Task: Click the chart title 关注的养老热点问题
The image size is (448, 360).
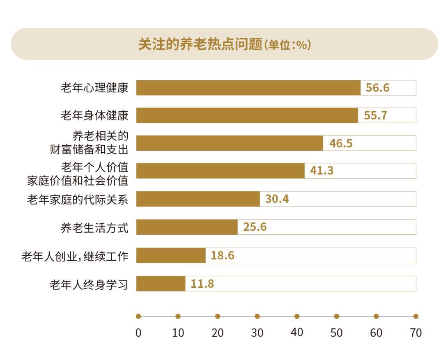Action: (200, 44)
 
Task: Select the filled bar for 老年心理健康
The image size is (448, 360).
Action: (248, 88)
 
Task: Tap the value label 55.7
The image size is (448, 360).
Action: (375, 116)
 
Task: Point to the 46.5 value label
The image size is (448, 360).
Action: (341, 144)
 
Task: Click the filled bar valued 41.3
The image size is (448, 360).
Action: (220, 171)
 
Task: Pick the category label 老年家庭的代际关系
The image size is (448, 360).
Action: (78, 199)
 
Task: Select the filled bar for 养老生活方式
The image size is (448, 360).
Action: (187, 227)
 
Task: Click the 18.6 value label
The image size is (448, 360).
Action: (223, 256)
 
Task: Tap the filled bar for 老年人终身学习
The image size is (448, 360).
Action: (161, 284)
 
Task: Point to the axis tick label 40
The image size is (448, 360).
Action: (297, 332)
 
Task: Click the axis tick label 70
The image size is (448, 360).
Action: (416, 332)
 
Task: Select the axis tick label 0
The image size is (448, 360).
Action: (138, 332)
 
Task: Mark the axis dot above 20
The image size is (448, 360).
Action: (218, 316)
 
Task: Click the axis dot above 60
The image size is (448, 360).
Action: (376, 316)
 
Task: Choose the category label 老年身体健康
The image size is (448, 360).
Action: (94, 116)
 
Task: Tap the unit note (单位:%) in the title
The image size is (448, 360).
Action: (287, 45)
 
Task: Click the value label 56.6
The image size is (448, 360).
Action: (378, 88)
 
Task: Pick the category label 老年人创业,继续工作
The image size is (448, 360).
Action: (75, 257)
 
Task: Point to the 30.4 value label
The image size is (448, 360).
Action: (277, 199)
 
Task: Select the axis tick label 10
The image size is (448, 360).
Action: (178, 332)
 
